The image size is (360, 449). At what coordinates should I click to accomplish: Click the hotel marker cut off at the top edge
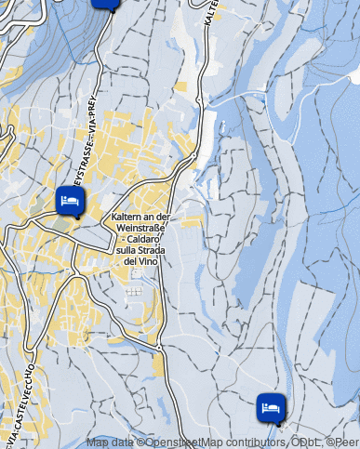click(106, 3)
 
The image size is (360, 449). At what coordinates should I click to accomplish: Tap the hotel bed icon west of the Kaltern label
click(70, 200)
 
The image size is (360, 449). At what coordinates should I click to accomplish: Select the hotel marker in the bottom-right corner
click(271, 407)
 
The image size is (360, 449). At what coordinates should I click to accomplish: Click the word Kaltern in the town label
click(126, 218)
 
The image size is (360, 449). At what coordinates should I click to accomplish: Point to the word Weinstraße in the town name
click(144, 229)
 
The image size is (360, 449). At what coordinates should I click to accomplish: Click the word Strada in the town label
click(158, 251)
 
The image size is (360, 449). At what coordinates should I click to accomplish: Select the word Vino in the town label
click(150, 262)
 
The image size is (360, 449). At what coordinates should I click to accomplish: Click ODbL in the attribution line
click(310, 442)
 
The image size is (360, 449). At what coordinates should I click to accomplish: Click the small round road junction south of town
click(159, 348)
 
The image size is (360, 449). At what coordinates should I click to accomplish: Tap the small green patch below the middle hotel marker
click(63, 223)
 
